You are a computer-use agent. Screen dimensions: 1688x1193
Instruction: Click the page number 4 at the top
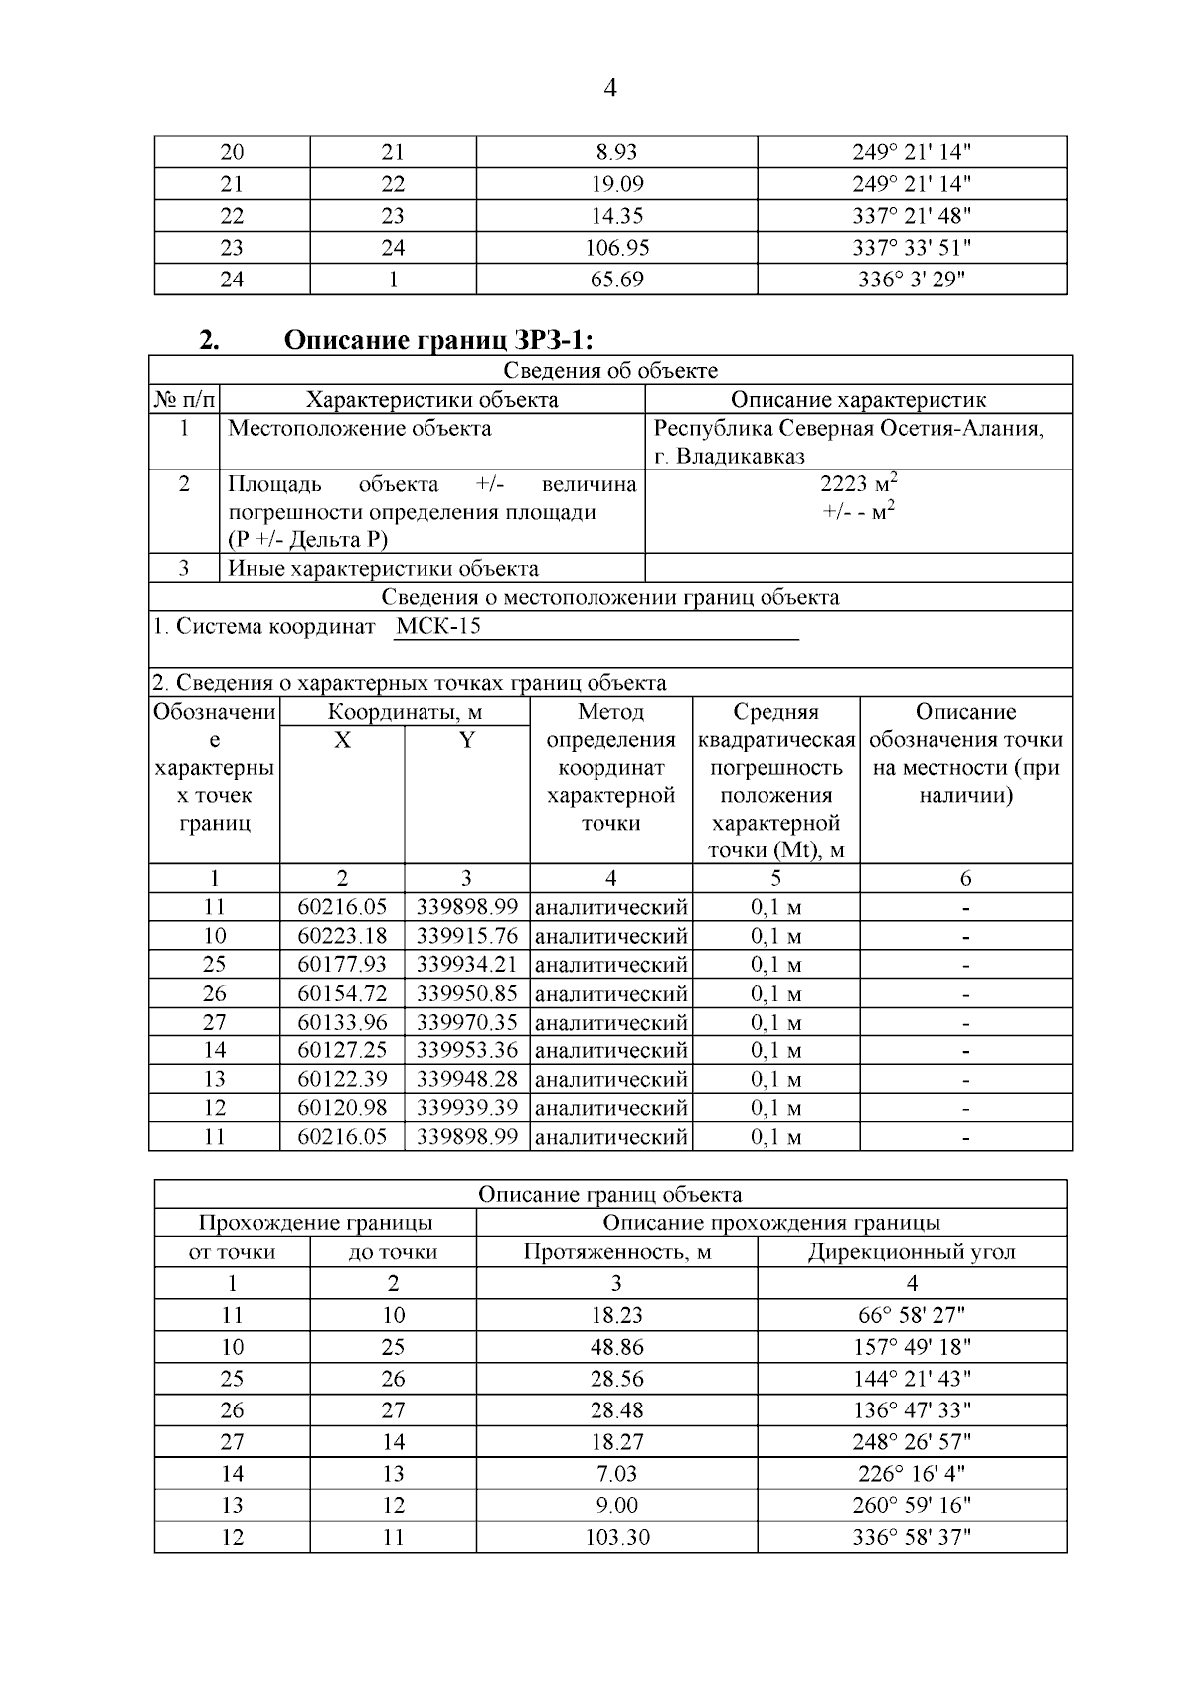[x=610, y=89]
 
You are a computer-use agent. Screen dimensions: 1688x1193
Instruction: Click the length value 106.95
[x=616, y=248]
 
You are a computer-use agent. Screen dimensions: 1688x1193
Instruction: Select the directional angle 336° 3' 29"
[x=911, y=280]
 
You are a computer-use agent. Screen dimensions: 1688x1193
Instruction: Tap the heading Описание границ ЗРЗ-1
[x=438, y=340]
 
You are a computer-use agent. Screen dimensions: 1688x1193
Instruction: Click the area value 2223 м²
[x=858, y=484]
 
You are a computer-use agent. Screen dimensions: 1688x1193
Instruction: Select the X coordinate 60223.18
[x=342, y=936]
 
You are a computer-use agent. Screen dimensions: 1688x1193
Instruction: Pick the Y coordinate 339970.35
[x=466, y=1022]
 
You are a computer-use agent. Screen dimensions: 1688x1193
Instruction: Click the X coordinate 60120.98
[x=342, y=1108]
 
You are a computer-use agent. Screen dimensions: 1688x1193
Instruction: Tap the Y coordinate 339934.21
[x=466, y=965]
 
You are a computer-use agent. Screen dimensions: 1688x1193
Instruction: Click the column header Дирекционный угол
[x=911, y=1252]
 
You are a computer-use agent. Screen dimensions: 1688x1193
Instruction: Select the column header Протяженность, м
[x=616, y=1252]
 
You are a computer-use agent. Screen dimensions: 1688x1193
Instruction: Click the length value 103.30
[x=616, y=1537]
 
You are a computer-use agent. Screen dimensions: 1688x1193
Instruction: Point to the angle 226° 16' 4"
[x=911, y=1473]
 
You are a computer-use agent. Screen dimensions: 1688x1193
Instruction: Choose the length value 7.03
[x=616, y=1473]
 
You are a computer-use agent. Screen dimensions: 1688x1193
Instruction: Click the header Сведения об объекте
[x=609, y=371]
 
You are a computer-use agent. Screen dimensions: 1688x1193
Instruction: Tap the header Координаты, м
[x=405, y=712]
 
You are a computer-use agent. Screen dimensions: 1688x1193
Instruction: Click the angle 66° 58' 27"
[x=911, y=1315]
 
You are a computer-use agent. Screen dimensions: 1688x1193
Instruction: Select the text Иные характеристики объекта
[x=383, y=569]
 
